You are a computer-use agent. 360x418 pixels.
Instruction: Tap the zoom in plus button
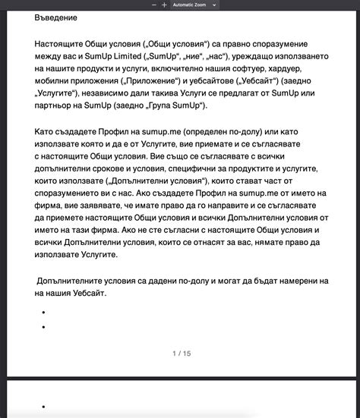pos(163,5)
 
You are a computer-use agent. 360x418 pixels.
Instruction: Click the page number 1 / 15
pos(182,354)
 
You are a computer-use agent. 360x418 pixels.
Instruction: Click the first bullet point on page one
pos(45,313)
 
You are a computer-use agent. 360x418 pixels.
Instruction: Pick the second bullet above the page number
pos(45,327)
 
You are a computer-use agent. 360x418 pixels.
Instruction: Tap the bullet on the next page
pos(45,407)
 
